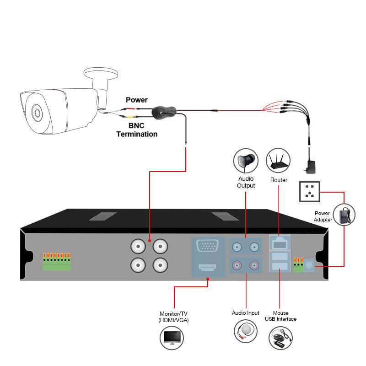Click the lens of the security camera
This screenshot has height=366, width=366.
click(x=36, y=112)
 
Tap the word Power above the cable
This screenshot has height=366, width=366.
click(x=137, y=100)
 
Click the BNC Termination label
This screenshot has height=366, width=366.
click(x=137, y=130)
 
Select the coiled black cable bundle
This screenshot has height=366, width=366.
click(x=163, y=111)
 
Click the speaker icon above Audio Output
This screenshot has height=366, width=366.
click(x=246, y=160)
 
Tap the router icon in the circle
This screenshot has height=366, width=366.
click(x=279, y=160)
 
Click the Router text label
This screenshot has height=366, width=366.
click(x=279, y=180)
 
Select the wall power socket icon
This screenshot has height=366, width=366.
click(x=309, y=191)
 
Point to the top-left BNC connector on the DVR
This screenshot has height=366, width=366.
click(x=138, y=247)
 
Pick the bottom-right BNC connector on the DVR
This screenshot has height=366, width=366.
click(x=160, y=264)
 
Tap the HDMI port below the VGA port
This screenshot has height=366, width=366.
click(x=208, y=268)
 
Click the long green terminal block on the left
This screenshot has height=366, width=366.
click(x=57, y=262)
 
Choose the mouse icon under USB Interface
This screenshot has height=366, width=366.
click(x=280, y=338)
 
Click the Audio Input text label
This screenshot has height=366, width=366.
click(x=246, y=313)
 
